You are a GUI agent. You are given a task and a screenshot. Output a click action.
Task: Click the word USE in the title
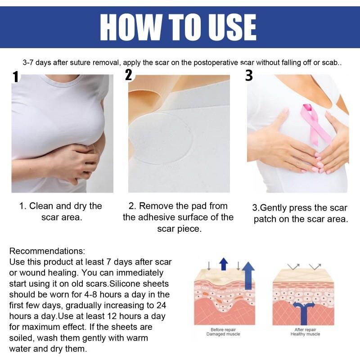point(229,27)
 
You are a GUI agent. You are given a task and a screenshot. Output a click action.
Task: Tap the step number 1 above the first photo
point(16,77)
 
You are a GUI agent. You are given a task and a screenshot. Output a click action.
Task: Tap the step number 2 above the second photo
point(129,75)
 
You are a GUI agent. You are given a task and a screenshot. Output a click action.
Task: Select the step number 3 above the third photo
point(249,75)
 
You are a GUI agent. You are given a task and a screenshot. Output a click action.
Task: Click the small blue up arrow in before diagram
point(224,265)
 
